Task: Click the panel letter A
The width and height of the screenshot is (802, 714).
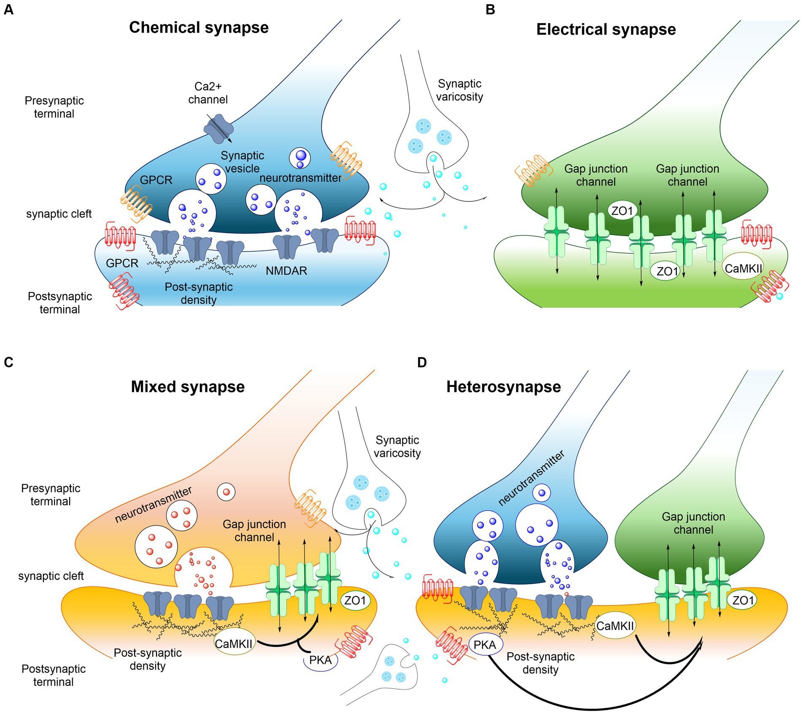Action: click(x=8, y=9)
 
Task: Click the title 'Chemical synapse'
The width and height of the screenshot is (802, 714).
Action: click(x=199, y=27)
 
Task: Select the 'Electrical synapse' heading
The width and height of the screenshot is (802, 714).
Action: click(x=606, y=30)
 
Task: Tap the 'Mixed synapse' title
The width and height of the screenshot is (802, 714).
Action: click(x=188, y=387)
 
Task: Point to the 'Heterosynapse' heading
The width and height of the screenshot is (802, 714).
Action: click(x=503, y=387)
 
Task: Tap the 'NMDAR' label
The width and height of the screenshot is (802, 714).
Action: click(x=286, y=271)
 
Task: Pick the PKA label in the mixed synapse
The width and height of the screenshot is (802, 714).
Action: click(x=320, y=660)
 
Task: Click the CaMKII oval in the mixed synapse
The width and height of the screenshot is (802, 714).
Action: click(x=234, y=643)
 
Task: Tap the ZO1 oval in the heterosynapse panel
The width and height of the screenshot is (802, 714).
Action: click(x=742, y=600)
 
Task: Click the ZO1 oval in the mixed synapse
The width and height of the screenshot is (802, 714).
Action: click(x=355, y=600)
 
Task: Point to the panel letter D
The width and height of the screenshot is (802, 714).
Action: click(x=421, y=362)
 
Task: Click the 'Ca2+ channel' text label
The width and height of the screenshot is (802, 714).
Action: click(x=208, y=93)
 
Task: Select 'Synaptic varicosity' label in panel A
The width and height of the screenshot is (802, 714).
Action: click(x=459, y=90)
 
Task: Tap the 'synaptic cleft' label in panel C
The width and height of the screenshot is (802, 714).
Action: click(x=51, y=576)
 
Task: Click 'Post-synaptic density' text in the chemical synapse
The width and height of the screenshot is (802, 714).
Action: click(x=198, y=293)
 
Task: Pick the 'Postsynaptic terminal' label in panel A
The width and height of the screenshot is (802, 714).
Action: click(x=59, y=303)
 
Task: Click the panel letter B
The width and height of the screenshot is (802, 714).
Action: click(x=490, y=9)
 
